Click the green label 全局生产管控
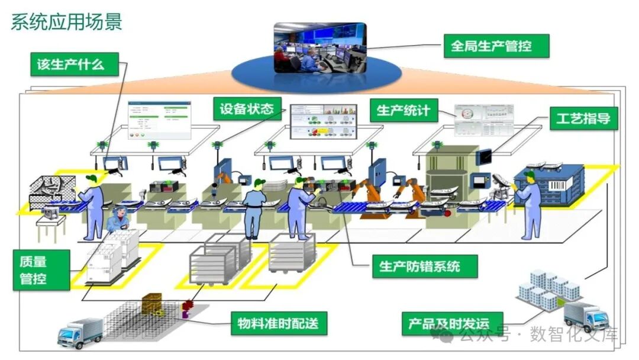click(491, 46)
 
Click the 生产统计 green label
click(404, 110)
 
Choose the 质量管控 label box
click(33, 269)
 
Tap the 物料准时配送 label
click(277, 323)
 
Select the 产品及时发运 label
click(448, 324)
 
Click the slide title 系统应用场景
click(66, 22)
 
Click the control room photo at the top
click(319, 49)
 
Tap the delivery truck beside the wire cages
click(80, 332)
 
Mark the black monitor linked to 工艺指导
click(485, 156)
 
